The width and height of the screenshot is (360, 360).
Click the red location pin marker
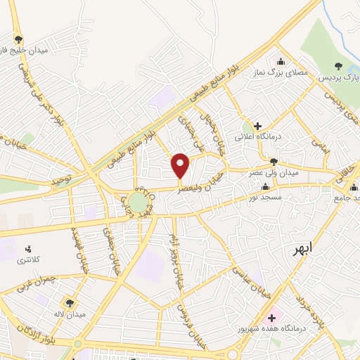(181, 166)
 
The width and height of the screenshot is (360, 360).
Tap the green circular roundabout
(138, 204)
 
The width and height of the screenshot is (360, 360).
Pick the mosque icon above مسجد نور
(265, 187)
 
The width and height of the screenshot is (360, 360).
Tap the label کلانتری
(29, 261)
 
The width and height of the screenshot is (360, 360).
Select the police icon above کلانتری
(28, 249)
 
